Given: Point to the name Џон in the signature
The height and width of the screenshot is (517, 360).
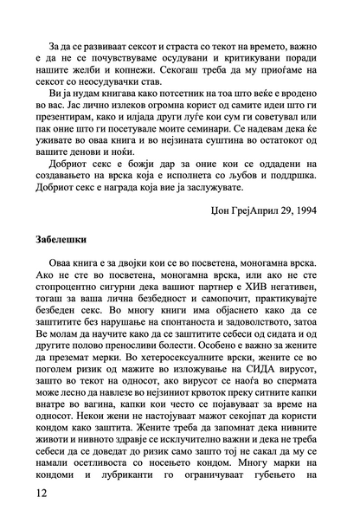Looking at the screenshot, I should (222, 233).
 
